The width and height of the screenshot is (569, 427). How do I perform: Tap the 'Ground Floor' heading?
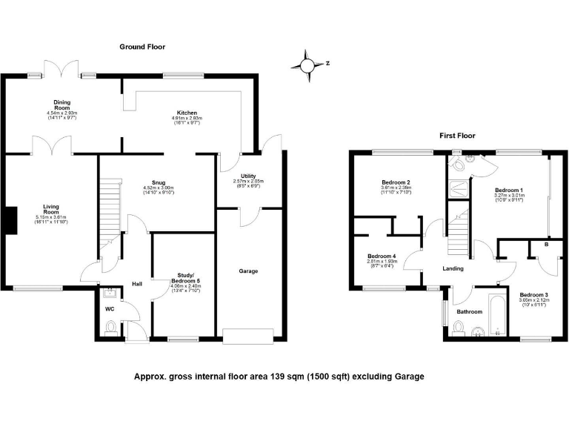coord(142,47)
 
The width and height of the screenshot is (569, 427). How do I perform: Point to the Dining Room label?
coord(61,105)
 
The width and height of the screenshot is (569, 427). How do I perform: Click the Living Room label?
coord(51,211)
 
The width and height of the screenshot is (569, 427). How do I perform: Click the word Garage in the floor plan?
coord(248,271)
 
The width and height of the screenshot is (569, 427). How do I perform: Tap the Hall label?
coord(136,283)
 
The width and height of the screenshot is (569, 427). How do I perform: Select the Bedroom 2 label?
coord(396,182)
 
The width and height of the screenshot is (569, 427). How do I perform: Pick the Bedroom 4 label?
coord(381,256)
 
